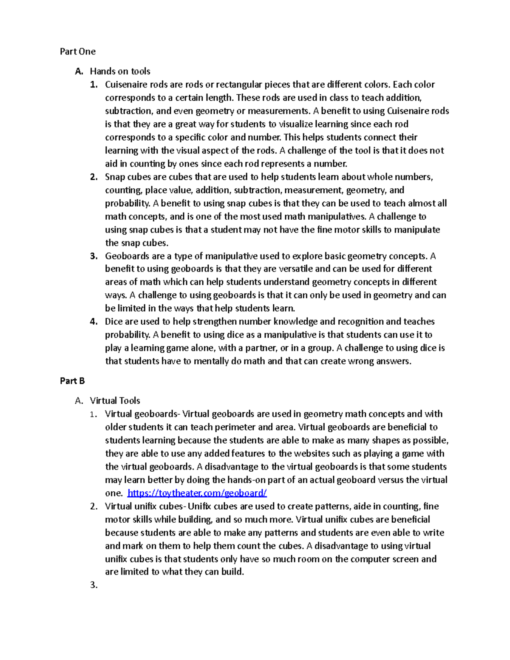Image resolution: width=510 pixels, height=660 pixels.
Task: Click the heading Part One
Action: [x=78, y=51]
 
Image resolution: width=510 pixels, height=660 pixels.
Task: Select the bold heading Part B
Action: [x=72, y=381]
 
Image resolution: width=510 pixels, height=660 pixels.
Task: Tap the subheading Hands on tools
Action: [x=120, y=71]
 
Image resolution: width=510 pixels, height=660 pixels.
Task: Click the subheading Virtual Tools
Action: [x=115, y=400]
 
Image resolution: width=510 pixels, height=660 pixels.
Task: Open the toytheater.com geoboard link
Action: [x=197, y=493]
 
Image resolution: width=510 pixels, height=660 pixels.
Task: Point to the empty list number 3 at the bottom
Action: [x=94, y=585]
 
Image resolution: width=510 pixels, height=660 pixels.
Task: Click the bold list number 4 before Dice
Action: [x=94, y=322]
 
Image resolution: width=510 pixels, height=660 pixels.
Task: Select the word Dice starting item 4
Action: [x=114, y=322]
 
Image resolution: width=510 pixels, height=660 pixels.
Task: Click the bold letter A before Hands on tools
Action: [x=79, y=71]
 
